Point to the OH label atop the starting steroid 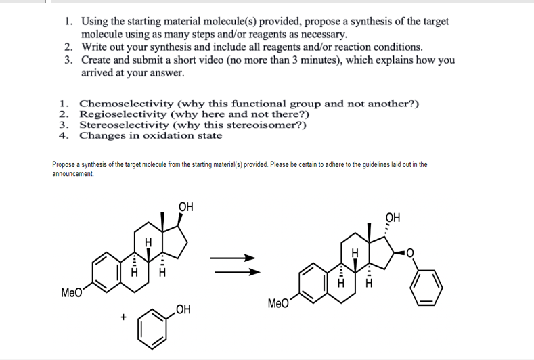point(185,206)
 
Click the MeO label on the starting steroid point(72,293)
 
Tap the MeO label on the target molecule point(280,302)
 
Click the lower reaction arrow point(235,273)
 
